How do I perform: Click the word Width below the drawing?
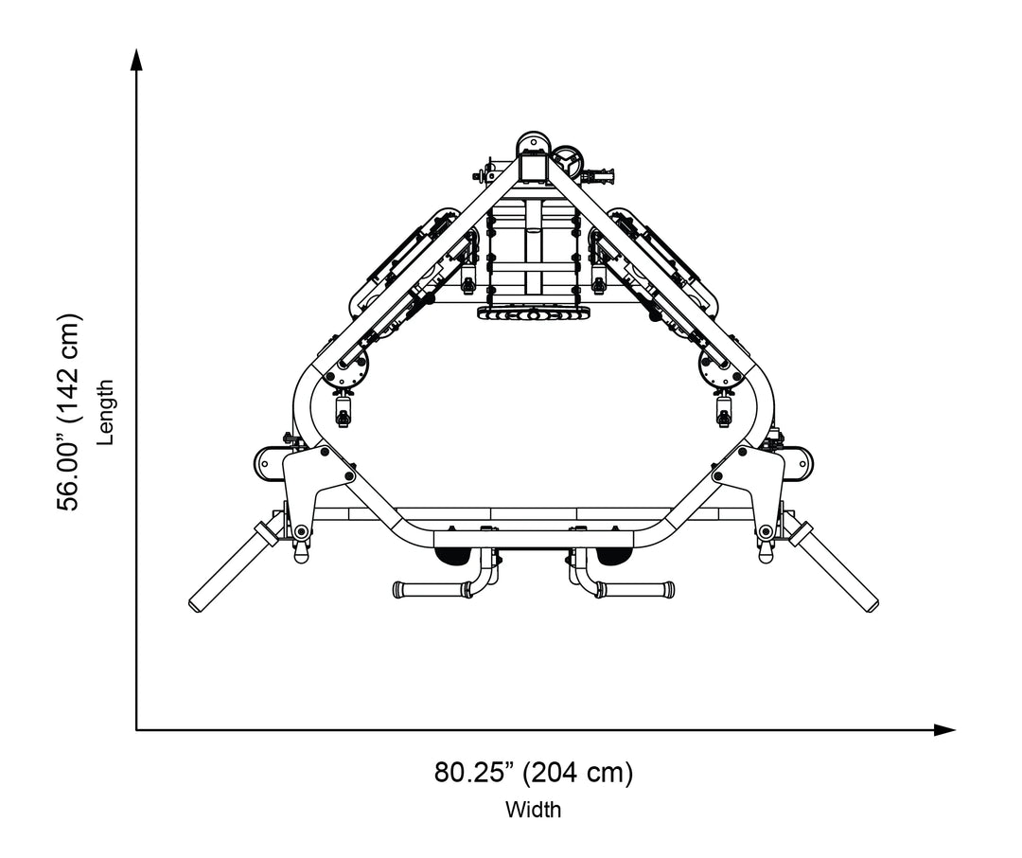(533, 811)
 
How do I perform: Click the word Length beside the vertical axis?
(106, 413)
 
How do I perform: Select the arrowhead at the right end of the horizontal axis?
(943, 729)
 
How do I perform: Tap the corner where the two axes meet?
(137, 729)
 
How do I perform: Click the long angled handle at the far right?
(837, 570)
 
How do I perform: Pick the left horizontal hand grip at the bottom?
(432, 590)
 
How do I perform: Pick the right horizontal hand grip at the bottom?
(636, 589)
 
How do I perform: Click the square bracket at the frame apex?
(533, 169)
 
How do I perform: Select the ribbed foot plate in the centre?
(533, 313)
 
